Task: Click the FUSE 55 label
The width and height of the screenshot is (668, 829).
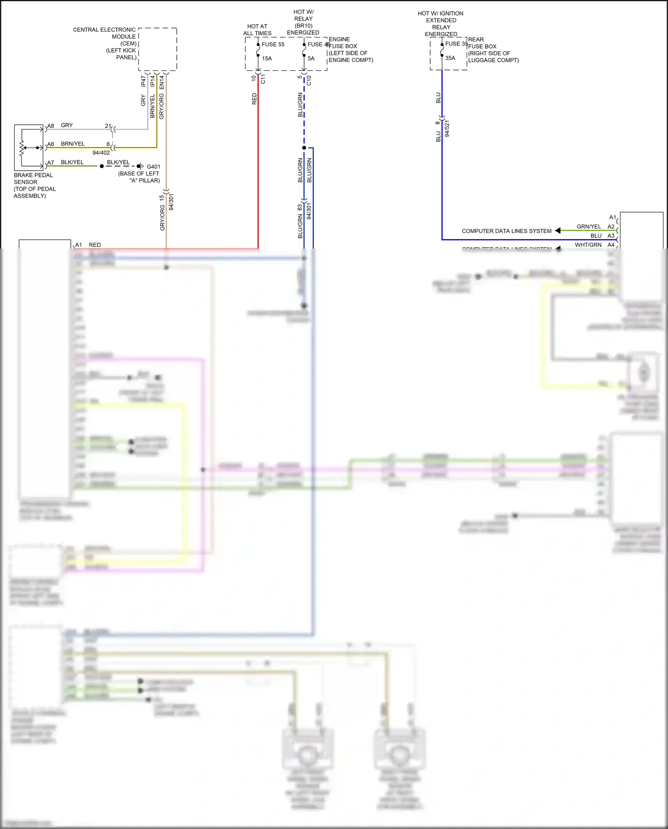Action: pos(273,45)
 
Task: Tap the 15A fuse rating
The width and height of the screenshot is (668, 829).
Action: pos(267,58)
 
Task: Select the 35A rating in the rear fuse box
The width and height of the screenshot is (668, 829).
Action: pos(450,58)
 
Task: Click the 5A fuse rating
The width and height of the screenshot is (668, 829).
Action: pos(311,58)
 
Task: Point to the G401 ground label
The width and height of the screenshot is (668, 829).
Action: pos(154,167)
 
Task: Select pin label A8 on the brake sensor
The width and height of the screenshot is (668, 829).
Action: pos(51,126)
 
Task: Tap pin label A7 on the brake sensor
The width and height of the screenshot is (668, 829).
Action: pos(51,163)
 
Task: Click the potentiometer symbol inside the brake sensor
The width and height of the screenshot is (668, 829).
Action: pos(22,148)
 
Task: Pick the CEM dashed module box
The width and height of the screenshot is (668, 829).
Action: pos(158,49)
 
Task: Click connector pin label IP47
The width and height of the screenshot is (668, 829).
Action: pos(143,81)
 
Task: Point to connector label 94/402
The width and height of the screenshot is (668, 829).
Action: pos(101,153)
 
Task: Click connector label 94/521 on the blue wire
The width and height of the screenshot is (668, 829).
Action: pos(447,129)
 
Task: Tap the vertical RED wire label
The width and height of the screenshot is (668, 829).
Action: pos(254,99)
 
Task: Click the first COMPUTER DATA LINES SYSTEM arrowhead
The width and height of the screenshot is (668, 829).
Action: pos(558,231)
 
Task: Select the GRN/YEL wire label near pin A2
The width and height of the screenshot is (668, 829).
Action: pos(588,227)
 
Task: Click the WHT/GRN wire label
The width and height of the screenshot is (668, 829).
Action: pos(588,245)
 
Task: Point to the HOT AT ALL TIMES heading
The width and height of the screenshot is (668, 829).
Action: pos(257,30)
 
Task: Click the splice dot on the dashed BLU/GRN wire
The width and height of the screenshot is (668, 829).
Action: pos(304,147)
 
